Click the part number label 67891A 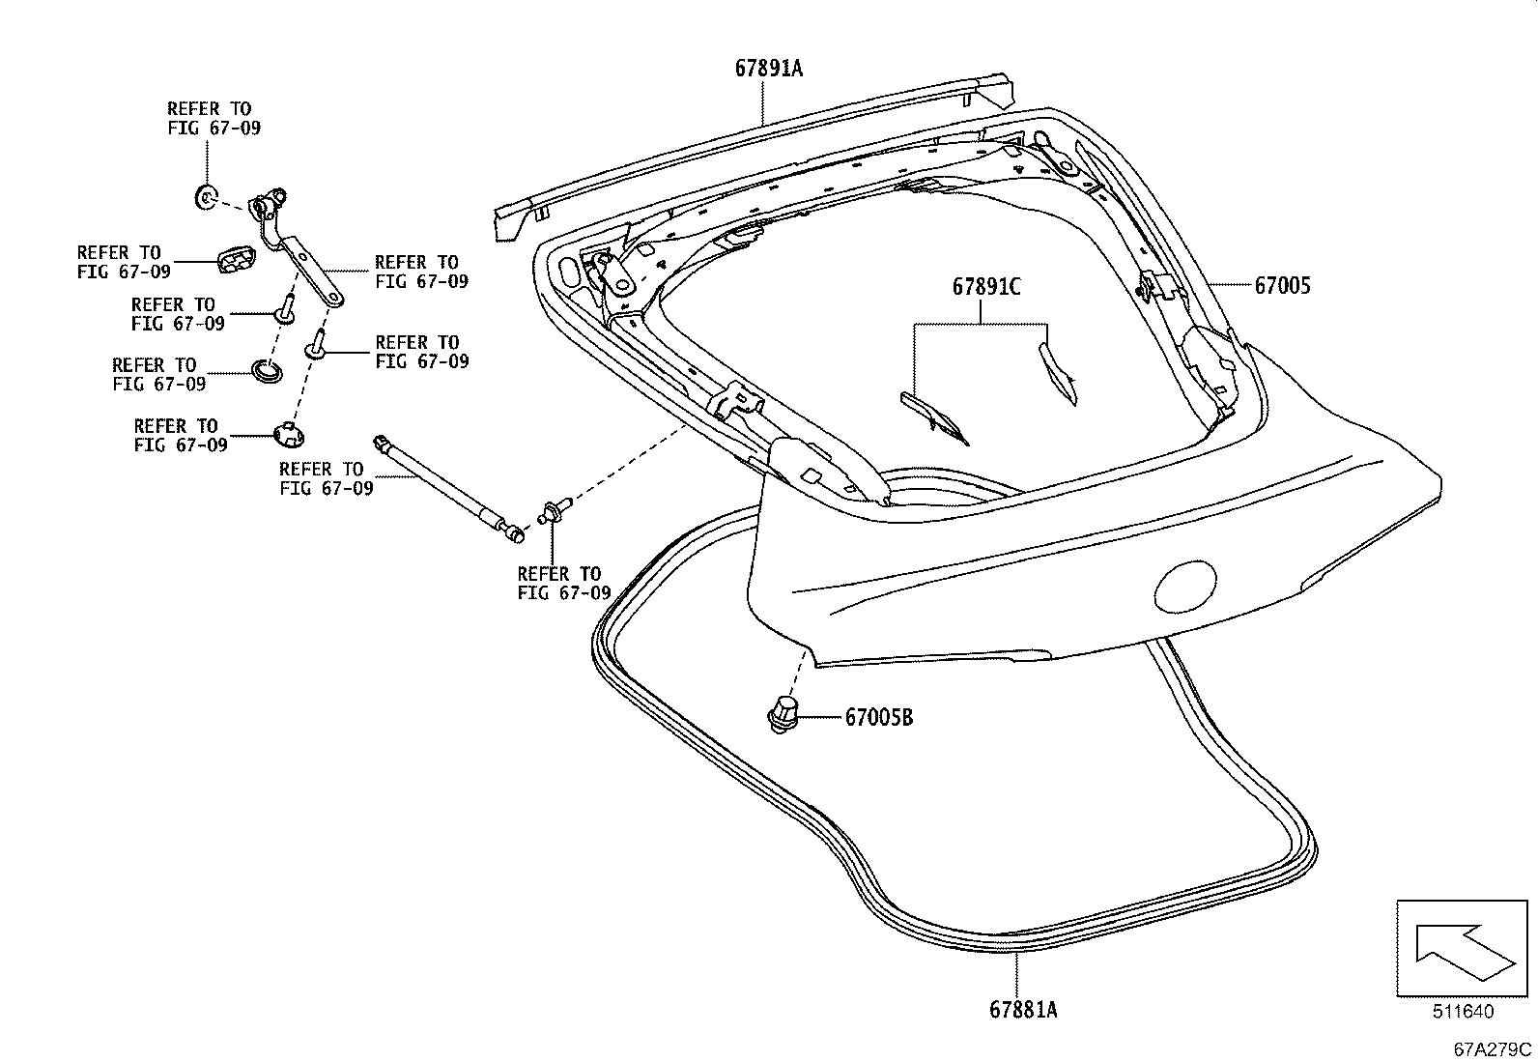pos(769,70)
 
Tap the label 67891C pos(986,287)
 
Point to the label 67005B pos(878,718)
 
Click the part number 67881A pos(1023,1010)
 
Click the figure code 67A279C pos(1494,1049)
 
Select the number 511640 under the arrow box pos(1463,1012)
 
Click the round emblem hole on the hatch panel pos(1187,586)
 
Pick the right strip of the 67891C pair pos(1057,373)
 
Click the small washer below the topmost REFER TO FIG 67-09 pos(206,198)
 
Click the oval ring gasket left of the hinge pos(267,370)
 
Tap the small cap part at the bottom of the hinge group pos(288,434)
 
